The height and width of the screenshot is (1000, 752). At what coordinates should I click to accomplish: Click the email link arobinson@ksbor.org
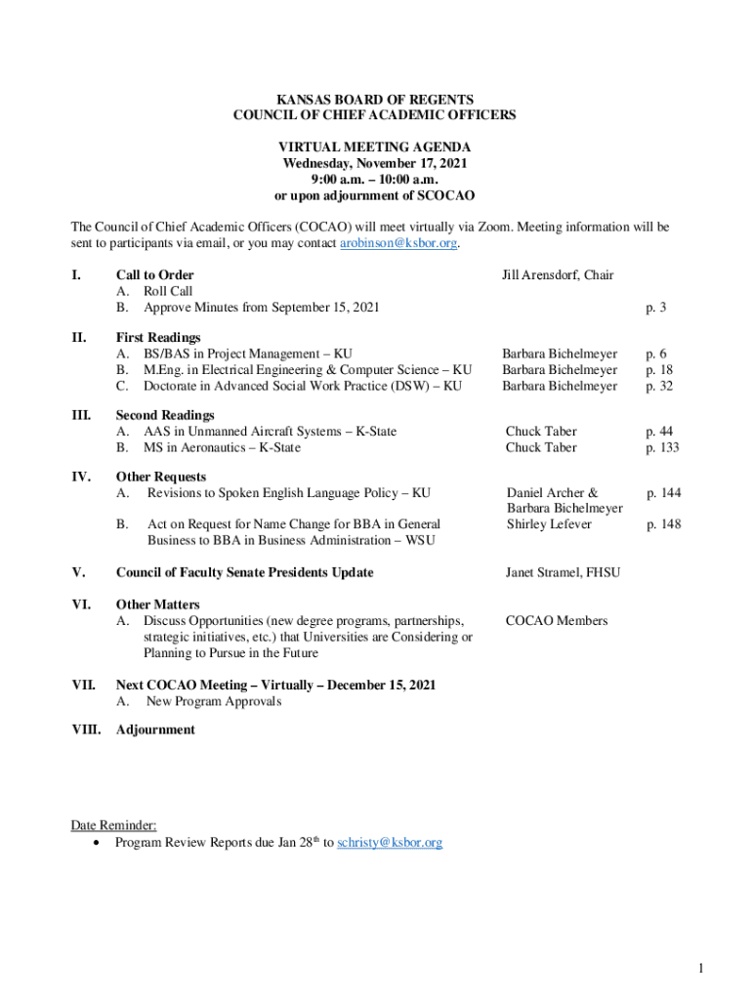[397, 243]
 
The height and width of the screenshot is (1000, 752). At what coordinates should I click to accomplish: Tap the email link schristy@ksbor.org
[389, 842]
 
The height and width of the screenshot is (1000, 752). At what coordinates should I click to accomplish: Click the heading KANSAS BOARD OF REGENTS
[375, 100]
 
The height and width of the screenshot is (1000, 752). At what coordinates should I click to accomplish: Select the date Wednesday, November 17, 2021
[375, 163]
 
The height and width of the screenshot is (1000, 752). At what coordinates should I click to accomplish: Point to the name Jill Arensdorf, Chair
[558, 275]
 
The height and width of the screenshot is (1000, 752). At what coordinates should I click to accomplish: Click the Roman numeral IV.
[81, 477]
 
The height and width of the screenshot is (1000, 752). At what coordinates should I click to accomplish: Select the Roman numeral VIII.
[85, 729]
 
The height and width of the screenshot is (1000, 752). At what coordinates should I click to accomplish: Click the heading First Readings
[158, 338]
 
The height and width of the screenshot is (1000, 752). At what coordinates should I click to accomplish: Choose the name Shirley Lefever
[549, 524]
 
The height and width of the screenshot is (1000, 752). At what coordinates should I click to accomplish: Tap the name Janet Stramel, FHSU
[563, 572]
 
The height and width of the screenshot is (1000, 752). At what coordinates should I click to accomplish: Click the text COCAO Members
[556, 621]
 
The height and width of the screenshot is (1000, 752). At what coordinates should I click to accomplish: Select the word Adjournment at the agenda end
[155, 729]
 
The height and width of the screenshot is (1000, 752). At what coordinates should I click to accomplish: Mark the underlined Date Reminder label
[113, 825]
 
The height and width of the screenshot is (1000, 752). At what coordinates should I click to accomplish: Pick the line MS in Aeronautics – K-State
[222, 447]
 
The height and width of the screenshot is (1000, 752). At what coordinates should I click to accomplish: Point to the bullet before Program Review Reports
[96, 842]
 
